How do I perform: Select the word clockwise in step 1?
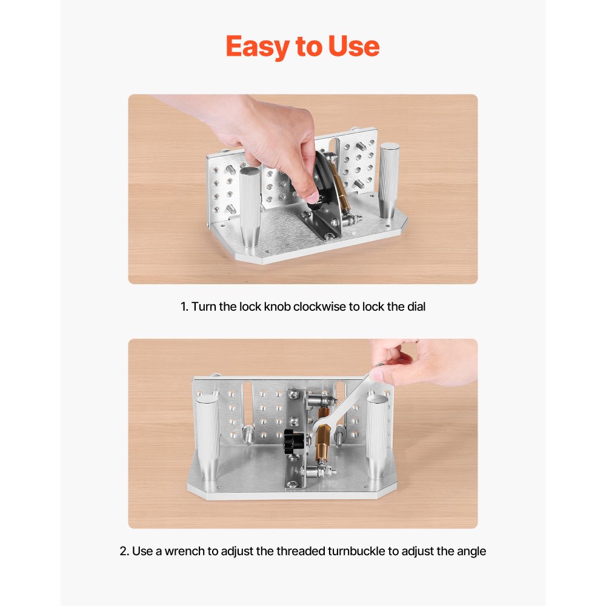click(x=319, y=307)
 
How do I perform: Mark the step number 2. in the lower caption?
click(x=124, y=551)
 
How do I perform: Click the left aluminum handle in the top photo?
click(x=249, y=209)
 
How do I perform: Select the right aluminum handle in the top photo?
click(x=388, y=180)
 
